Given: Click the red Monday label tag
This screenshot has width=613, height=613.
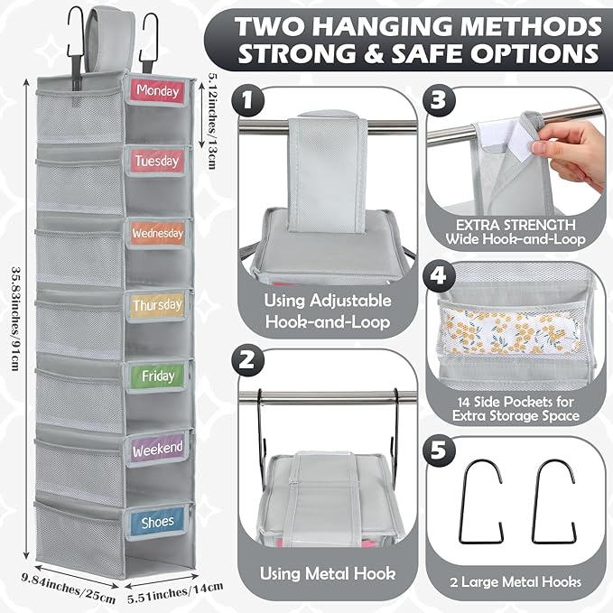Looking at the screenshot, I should coord(157,91).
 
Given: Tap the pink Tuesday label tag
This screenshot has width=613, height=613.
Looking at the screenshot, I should coord(157,162).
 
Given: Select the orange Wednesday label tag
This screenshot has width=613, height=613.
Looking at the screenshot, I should coord(157,233).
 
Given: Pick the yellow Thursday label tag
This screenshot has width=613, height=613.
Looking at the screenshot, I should coord(157,305).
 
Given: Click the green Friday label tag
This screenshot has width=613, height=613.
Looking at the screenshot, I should coord(157,376).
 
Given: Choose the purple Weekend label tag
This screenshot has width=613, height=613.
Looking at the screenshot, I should coord(157,448).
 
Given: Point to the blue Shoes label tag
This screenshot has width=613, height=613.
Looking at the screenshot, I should coord(157,521).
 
